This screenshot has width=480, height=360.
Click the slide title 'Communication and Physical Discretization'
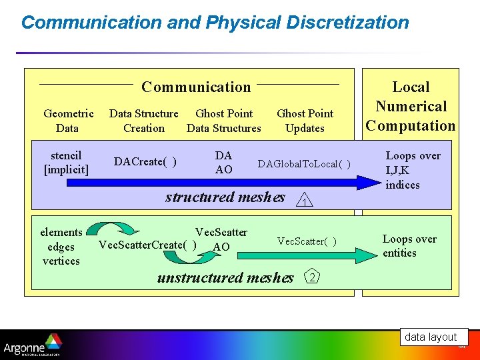pyautogui.click(x=215, y=22)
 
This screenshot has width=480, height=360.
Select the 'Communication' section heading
pyautogui.click(x=196, y=87)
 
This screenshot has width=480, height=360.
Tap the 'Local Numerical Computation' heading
pyautogui.click(x=411, y=106)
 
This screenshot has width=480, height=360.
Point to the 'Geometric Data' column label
pyautogui.click(x=68, y=121)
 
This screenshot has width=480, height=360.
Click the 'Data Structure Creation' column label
pyautogui.click(x=143, y=121)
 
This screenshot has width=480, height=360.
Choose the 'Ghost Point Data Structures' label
pyautogui.click(x=224, y=121)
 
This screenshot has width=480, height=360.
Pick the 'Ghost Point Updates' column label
pyautogui.click(x=305, y=121)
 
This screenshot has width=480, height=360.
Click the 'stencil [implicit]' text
pyautogui.click(x=66, y=163)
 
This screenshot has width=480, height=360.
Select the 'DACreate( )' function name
pyautogui.click(x=145, y=162)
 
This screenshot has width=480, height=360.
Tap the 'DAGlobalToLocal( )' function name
pyautogui.click(x=304, y=164)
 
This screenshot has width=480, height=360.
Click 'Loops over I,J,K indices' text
pyautogui.click(x=413, y=170)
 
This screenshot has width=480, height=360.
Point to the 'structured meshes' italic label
pyautogui.click(x=225, y=197)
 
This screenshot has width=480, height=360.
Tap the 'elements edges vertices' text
pyautogui.click(x=61, y=246)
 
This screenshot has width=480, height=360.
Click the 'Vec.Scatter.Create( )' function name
pyautogui.click(x=147, y=245)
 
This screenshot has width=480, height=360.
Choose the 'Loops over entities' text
pyautogui.click(x=409, y=246)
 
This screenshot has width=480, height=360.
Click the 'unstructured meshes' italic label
pyautogui.click(x=225, y=277)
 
